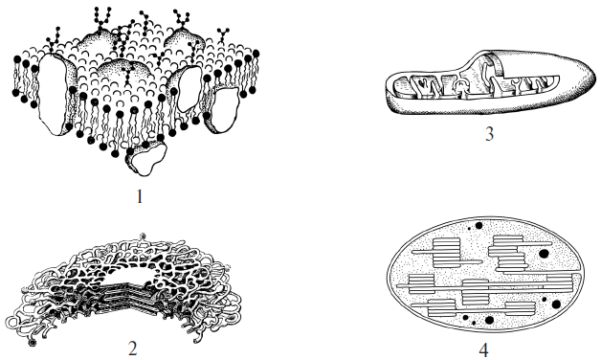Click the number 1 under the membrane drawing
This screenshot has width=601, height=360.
pyautogui.click(x=140, y=196)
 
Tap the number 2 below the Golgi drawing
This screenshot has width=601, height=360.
pyautogui.click(x=133, y=349)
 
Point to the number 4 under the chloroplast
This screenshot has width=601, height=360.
pyautogui.click(x=483, y=350)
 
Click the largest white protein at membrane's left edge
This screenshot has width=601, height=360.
pyautogui.click(x=54, y=94)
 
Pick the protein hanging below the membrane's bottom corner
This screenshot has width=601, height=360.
pyautogui.click(x=146, y=157)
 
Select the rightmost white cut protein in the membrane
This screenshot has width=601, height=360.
pyautogui.click(x=223, y=109)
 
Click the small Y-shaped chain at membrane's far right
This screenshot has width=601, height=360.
pyautogui.click(x=223, y=35)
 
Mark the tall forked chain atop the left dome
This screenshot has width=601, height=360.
pyautogui.click(x=101, y=19)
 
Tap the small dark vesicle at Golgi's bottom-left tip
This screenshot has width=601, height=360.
pyautogui.click(x=33, y=343)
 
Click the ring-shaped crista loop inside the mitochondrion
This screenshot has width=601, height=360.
pyautogui.click(x=459, y=85)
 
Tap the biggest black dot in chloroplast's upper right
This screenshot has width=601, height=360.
pyautogui.click(x=544, y=254)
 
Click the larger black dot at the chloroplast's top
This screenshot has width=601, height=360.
pyautogui.click(x=479, y=225)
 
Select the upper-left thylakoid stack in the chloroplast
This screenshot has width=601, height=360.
pyautogui.click(x=446, y=252)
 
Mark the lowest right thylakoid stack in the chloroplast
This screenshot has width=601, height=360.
pyautogui.click(x=520, y=308)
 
